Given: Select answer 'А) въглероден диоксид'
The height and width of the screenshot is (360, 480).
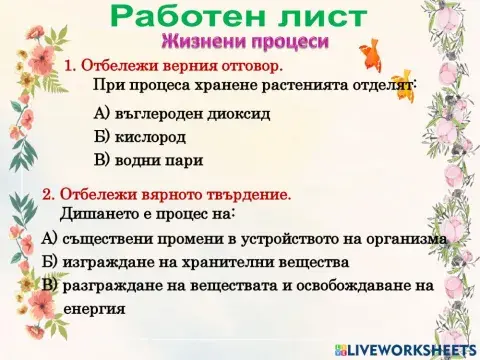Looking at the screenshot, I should pyautogui.click(x=181, y=113).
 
